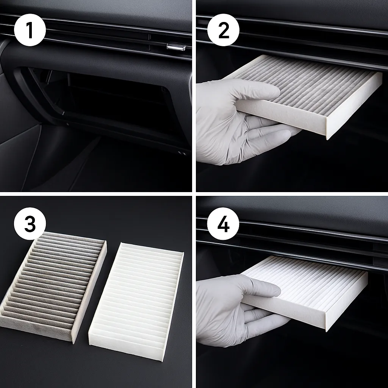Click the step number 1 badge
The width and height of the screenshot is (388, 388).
tap(30, 30)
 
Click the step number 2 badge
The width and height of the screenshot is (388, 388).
tap(223, 30)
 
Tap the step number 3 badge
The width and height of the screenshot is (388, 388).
tap(30, 224)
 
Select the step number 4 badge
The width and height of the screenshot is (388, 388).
tap(223, 224)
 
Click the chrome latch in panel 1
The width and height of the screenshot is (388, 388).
tap(176, 47)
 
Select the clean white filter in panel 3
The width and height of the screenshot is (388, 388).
tap(136, 299)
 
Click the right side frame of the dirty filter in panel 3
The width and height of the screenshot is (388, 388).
tap(89, 292)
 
